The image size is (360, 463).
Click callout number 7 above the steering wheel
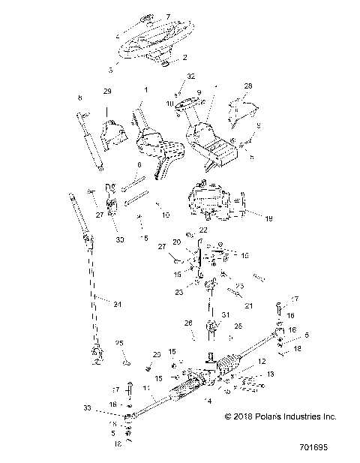pyautogui.click(x=167, y=15)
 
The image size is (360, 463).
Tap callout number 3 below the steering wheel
pyautogui.click(x=112, y=68)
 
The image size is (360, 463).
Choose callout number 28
pyautogui.click(x=248, y=86)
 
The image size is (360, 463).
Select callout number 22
pyautogui.click(x=202, y=230)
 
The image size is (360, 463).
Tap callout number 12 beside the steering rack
pyautogui.click(x=262, y=362)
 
